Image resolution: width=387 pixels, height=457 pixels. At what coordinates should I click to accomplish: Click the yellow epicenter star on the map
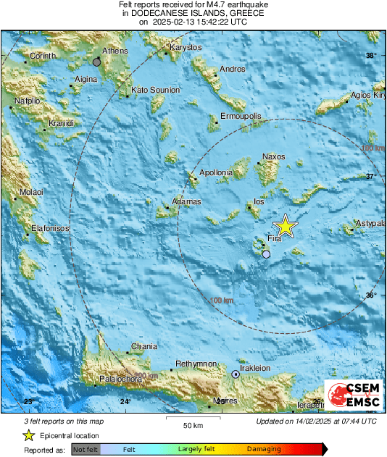click(286, 226)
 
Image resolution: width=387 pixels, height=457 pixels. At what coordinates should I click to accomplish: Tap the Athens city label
click(115, 51)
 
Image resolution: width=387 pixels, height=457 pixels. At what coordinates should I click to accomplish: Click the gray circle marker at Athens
click(96, 62)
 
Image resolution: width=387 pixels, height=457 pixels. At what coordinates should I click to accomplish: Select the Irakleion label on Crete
click(255, 368)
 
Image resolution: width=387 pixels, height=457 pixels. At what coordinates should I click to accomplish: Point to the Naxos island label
click(273, 157)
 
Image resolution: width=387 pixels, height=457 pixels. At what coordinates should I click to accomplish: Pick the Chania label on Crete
click(143, 346)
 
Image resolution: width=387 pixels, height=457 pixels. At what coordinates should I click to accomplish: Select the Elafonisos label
click(50, 228)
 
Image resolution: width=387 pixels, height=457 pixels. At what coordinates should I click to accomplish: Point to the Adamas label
click(186, 201)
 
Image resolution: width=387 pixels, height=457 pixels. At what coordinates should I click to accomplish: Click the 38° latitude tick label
click(371, 56)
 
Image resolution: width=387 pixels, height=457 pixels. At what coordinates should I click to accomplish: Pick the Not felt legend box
click(85, 450)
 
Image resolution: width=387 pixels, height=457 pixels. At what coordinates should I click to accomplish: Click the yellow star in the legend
click(28, 435)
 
